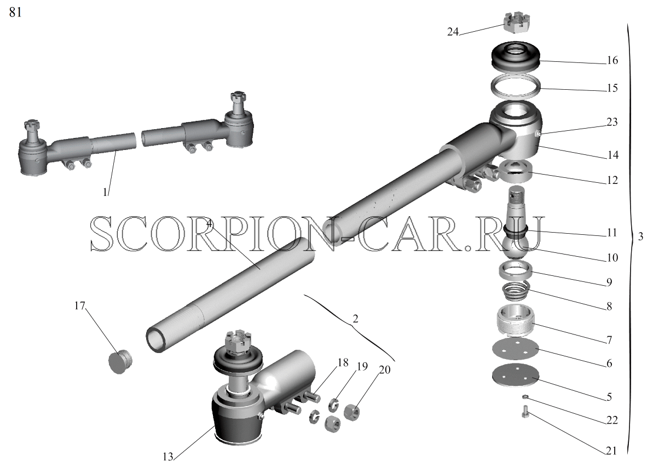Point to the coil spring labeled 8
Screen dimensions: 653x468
[515, 290]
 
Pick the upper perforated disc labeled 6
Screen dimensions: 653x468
[515, 349]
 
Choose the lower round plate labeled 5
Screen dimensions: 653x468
[515, 375]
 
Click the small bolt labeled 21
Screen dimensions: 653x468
[525, 411]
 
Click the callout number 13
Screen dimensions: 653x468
[168, 457]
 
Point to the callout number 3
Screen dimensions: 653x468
[640, 236]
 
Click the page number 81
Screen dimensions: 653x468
[15, 13]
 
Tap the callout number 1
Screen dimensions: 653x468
[105, 192]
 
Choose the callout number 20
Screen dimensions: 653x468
[385, 369]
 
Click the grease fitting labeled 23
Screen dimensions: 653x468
[538, 134]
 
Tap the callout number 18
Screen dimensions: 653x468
[343, 363]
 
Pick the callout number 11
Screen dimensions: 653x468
[612, 232]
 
